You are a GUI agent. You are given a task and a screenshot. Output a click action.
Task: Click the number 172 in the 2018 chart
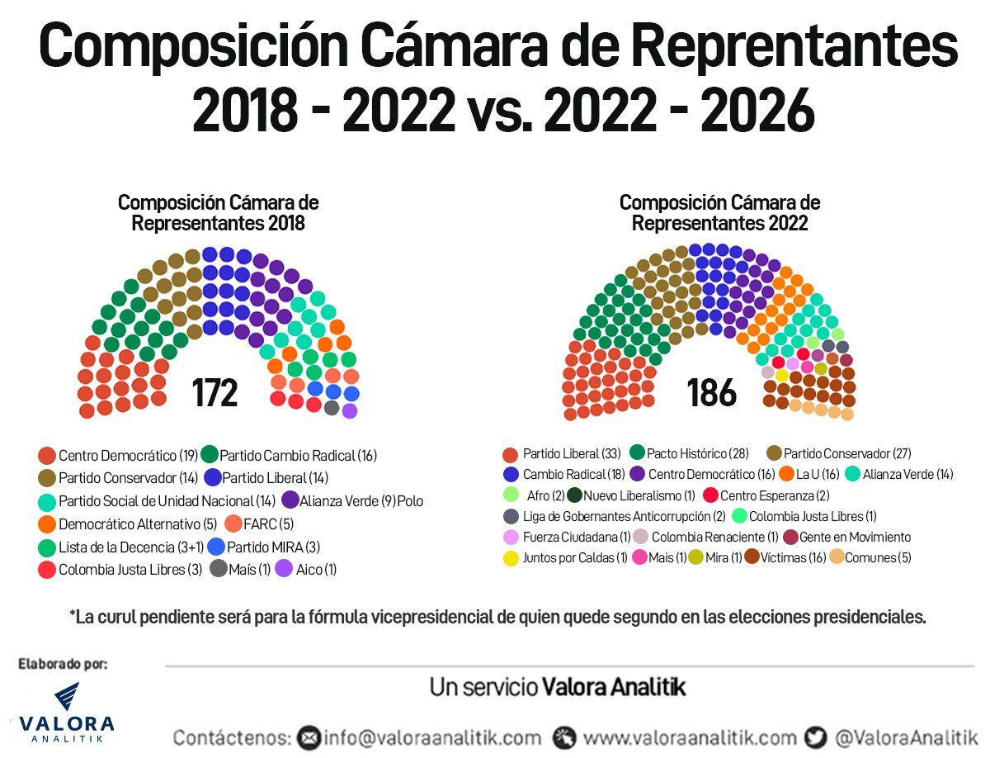(x=215, y=393)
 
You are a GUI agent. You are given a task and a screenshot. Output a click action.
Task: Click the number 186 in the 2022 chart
(x=711, y=393)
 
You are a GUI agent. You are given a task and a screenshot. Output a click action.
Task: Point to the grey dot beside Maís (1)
(x=219, y=569)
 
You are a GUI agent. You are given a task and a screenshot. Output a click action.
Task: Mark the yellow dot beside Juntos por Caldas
(x=511, y=558)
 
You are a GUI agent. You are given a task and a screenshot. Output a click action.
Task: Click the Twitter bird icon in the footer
(x=816, y=737)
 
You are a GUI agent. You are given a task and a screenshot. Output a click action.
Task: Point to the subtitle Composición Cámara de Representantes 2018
(x=218, y=213)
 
